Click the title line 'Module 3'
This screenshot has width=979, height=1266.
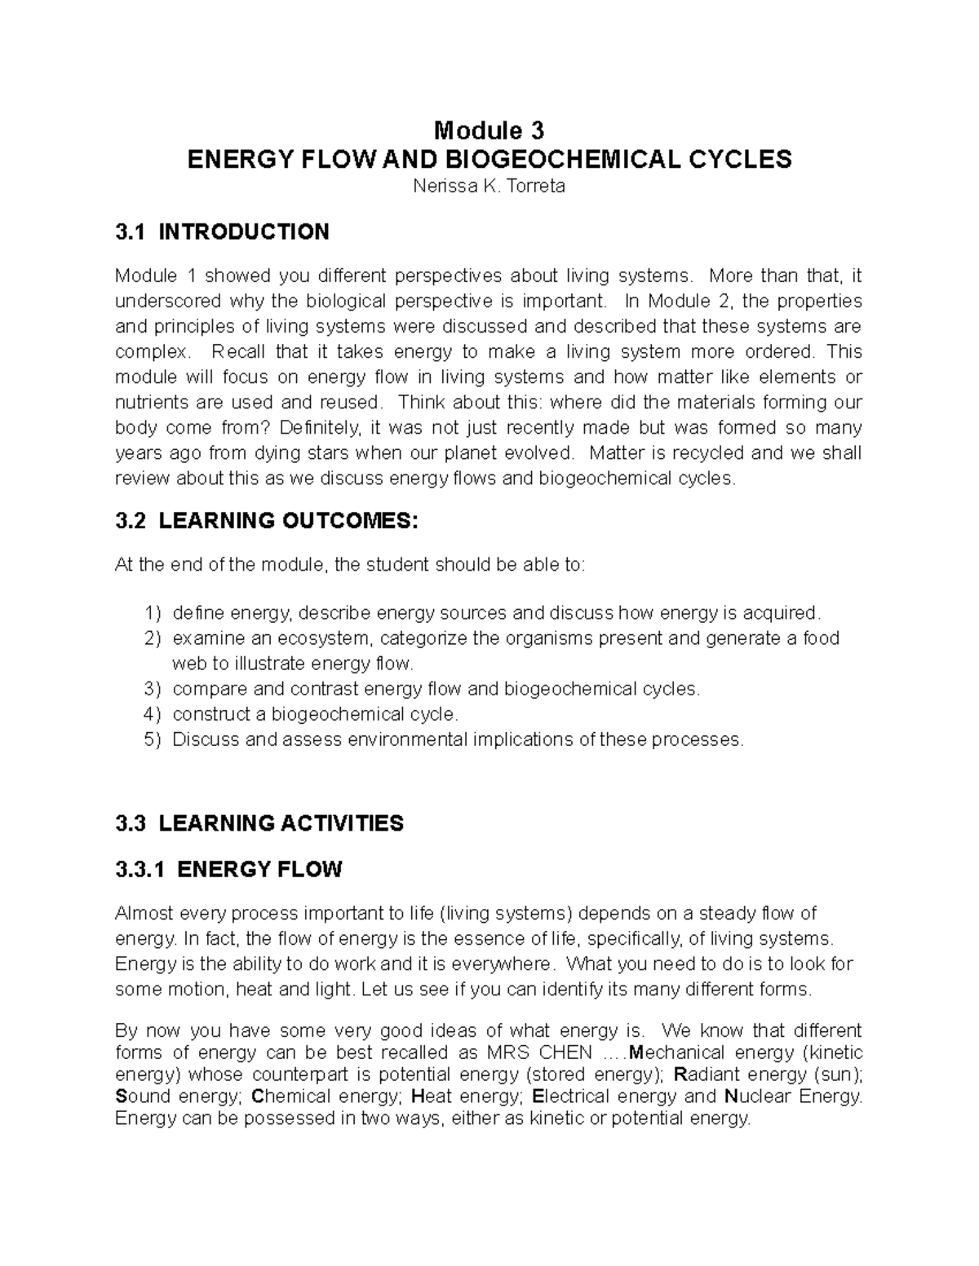coord(489,130)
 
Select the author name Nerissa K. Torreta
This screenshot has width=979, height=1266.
coord(489,187)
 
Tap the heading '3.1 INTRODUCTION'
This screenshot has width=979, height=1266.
coord(223,232)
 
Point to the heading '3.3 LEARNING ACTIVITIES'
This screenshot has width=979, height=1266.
coord(259,823)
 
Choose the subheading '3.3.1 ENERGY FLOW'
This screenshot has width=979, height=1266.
coord(228,870)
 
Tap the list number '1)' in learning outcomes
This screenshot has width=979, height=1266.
coord(153,613)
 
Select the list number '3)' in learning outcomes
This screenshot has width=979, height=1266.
coord(153,690)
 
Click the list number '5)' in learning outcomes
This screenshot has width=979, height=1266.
coord(153,740)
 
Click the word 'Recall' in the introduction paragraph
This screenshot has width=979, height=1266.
coord(239,352)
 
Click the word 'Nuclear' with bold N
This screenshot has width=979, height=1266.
coord(760,1096)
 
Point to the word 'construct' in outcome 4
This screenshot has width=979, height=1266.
coord(211,715)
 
